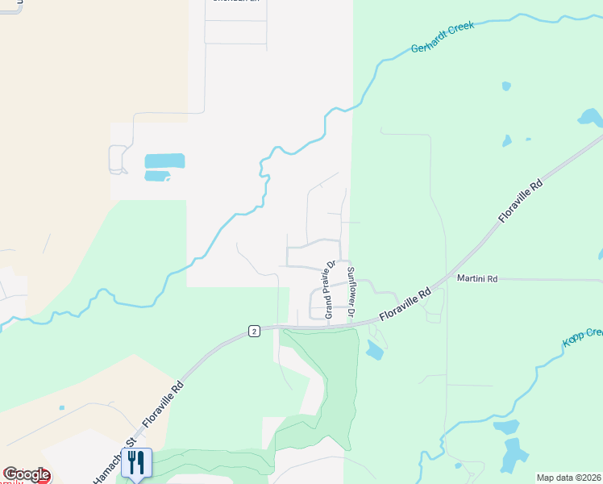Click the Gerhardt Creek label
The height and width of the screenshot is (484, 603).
point(443,38)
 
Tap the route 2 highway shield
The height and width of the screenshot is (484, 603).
point(254,332)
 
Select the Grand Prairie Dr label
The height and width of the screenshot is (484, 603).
point(330,289)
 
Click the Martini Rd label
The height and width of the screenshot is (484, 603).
point(477,278)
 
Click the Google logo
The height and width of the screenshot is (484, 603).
point(27,474)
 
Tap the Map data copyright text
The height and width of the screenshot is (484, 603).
point(568,478)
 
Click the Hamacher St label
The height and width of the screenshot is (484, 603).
point(108,466)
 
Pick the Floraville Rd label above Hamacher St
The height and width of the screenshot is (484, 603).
point(163,404)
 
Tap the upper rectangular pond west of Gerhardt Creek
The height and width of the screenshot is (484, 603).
point(164,161)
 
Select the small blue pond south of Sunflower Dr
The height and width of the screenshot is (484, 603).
point(374,350)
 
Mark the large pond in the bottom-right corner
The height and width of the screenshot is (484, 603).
point(512,456)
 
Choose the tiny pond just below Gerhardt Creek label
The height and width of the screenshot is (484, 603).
point(505,86)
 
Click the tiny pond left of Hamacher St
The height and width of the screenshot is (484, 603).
point(61,407)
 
